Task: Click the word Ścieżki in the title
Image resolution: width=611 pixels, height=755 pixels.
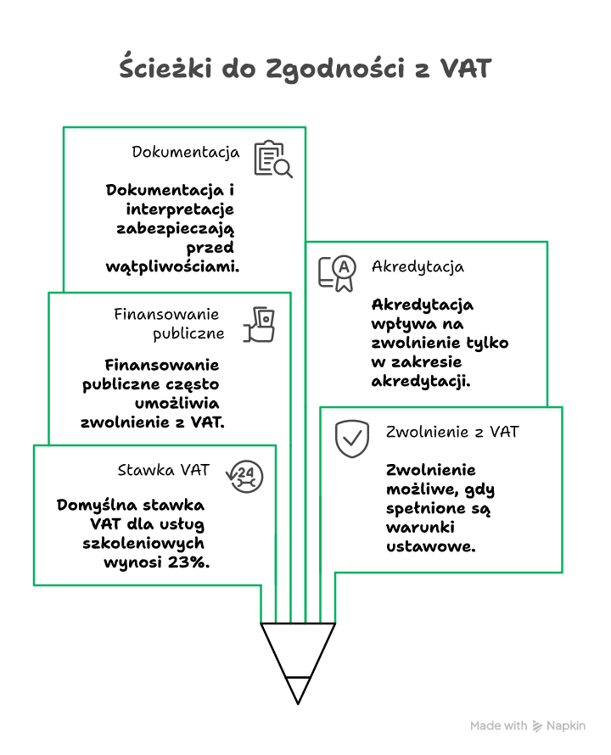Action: click(165, 67)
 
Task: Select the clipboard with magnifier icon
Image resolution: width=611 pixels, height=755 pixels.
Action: click(272, 159)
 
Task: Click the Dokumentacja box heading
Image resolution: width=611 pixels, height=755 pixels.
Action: click(186, 152)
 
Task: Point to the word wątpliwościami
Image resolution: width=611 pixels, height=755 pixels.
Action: click(172, 266)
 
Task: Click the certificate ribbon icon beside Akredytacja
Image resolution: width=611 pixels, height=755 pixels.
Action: click(337, 273)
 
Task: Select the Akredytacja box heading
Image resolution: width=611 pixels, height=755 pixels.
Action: click(418, 266)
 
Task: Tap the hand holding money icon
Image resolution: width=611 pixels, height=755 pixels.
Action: click(259, 324)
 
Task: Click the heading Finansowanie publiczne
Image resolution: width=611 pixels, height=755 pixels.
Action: click(169, 323)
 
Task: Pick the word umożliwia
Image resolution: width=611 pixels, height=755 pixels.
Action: click(177, 403)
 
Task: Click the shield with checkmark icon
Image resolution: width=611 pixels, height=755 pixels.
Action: click(352, 439)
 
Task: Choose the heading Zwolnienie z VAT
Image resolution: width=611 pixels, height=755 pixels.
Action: click(452, 432)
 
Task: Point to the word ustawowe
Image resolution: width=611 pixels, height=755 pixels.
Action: click(431, 546)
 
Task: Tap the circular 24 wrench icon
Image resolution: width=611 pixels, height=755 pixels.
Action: click(244, 476)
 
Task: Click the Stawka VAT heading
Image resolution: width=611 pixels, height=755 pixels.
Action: click(163, 470)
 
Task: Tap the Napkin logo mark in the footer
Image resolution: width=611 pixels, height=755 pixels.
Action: click(537, 726)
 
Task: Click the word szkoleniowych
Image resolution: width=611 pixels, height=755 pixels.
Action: click(143, 543)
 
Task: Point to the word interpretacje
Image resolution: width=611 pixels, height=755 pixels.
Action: click(180, 210)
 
